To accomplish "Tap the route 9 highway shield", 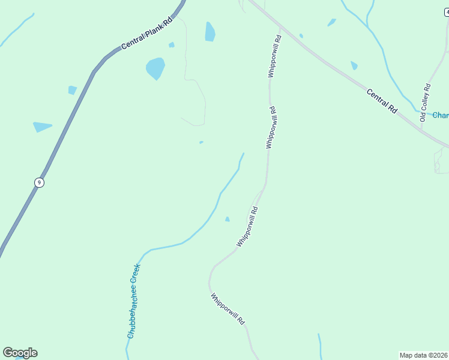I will [x=39, y=182].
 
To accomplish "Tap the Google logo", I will [x=20, y=353].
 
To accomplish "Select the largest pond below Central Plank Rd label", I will [x=155, y=68].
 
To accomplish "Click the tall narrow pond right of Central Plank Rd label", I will [x=209, y=32].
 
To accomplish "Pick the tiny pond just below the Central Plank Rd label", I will [x=172, y=45].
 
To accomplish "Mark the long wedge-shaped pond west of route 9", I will [x=42, y=127].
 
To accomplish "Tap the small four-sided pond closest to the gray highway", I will [x=72, y=90].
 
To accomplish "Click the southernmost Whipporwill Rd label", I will [x=228, y=308].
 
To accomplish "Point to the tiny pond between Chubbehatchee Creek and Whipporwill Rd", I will [x=227, y=219].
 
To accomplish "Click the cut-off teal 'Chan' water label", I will [x=441, y=115].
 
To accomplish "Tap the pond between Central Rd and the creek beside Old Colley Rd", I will [x=354, y=65].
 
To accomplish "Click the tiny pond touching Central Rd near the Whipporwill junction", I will [x=301, y=36].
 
